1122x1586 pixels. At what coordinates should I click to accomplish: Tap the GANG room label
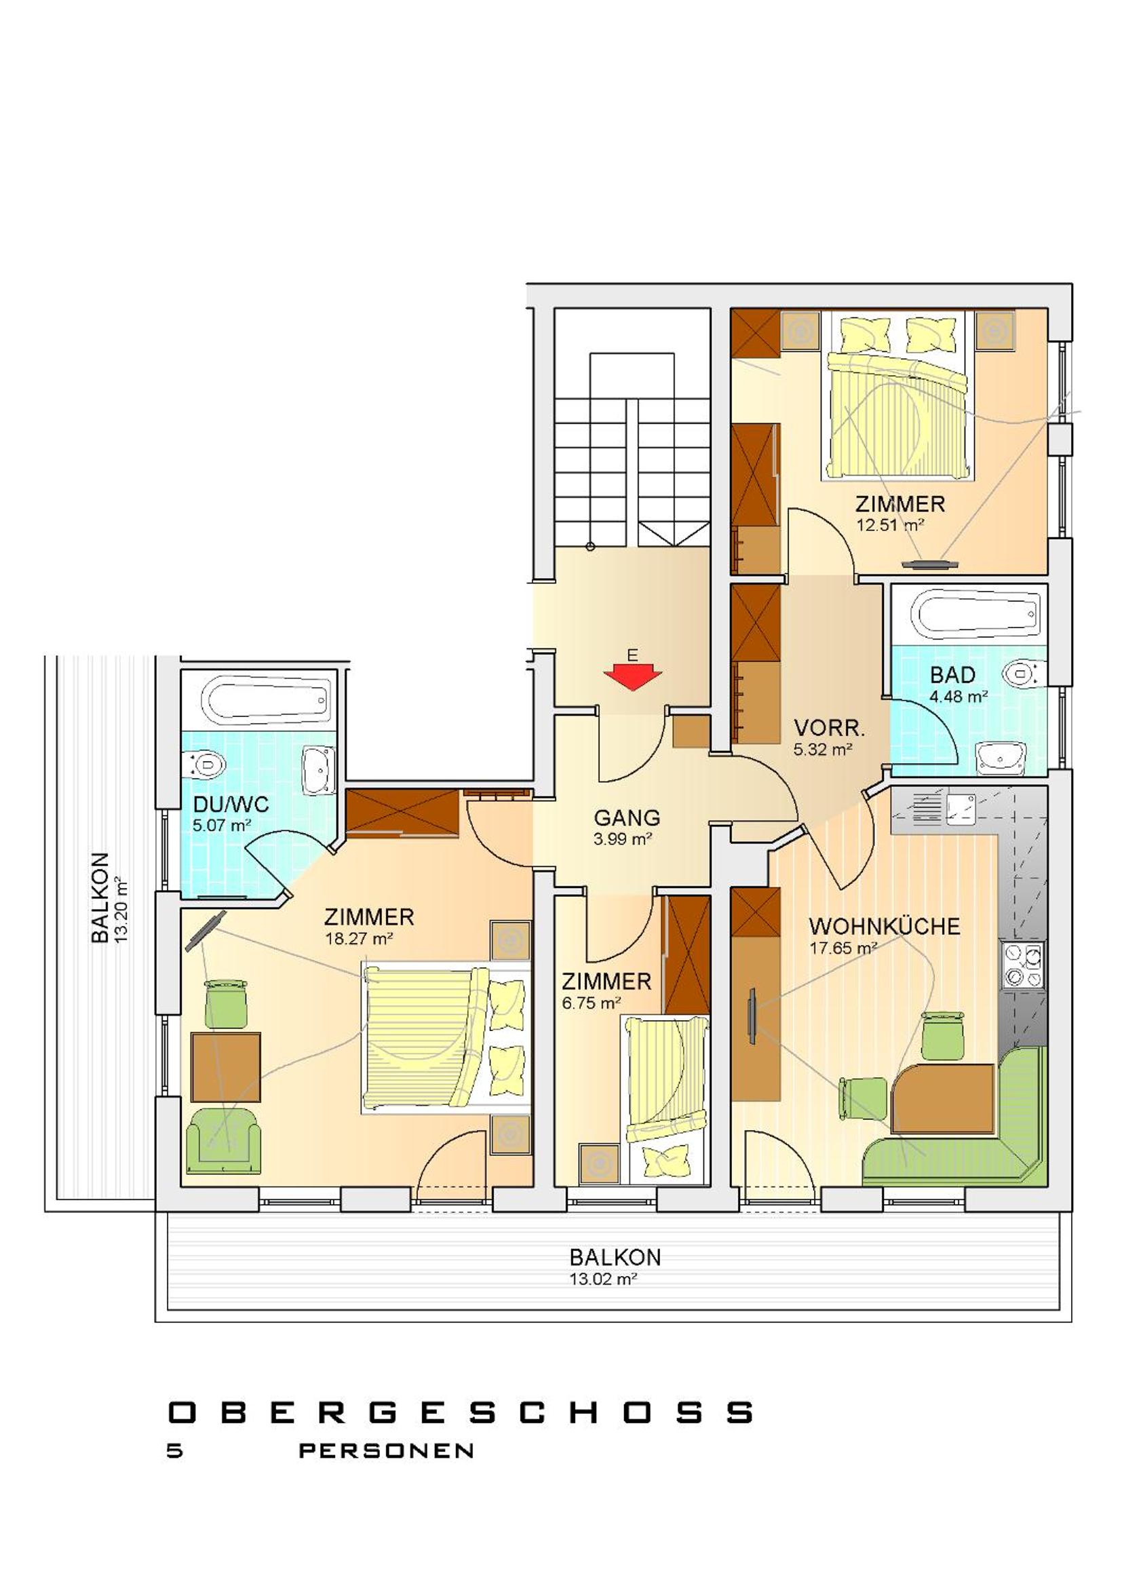click(x=627, y=818)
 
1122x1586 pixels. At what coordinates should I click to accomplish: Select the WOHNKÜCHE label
click(x=885, y=927)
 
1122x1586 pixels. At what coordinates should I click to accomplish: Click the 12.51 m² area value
click(x=891, y=524)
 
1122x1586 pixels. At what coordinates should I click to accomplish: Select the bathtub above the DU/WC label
click(x=264, y=700)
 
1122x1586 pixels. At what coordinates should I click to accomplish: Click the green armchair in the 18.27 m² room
click(x=224, y=1141)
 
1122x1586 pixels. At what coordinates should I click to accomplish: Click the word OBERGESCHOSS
click(x=461, y=1412)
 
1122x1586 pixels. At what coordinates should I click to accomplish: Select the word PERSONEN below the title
click(x=386, y=1450)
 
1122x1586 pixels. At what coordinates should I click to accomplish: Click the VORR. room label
click(x=829, y=728)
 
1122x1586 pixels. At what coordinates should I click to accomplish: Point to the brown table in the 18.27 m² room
click(x=226, y=1067)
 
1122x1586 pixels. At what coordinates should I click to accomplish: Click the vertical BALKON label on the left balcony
click(x=101, y=897)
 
